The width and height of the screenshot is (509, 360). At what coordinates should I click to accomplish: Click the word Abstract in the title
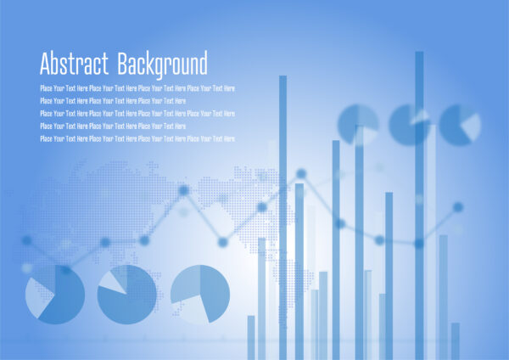tap(74, 63)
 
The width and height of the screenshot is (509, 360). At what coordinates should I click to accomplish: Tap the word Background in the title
tap(163, 65)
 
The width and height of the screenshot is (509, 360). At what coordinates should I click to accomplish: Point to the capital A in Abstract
tap(45, 64)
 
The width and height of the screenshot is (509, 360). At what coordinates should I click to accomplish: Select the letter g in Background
tap(160, 68)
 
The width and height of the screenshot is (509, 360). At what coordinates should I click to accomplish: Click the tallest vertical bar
tap(419, 205)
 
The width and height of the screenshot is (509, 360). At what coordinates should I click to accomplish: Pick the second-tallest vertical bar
tap(282, 217)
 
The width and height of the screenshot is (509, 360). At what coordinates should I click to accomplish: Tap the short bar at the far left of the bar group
tap(251, 338)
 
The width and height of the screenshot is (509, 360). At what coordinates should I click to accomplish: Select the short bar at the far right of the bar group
tap(456, 341)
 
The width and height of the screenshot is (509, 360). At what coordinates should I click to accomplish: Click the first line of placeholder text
tap(137, 88)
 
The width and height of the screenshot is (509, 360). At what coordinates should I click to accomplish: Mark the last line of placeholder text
tap(137, 138)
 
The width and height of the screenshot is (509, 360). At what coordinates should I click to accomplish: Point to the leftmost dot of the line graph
tap(26, 240)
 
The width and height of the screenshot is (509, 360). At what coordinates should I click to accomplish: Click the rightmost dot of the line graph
tap(458, 207)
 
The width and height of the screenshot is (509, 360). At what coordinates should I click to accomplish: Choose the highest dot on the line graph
tap(301, 174)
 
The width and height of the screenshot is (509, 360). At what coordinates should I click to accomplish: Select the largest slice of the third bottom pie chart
tap(215, 292)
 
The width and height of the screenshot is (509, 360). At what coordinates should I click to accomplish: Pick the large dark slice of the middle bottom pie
tap(130, 299)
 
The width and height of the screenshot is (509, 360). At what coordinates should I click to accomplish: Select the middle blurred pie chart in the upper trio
tap(409, 125)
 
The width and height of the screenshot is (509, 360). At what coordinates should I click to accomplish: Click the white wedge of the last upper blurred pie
tap(472, 127)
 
